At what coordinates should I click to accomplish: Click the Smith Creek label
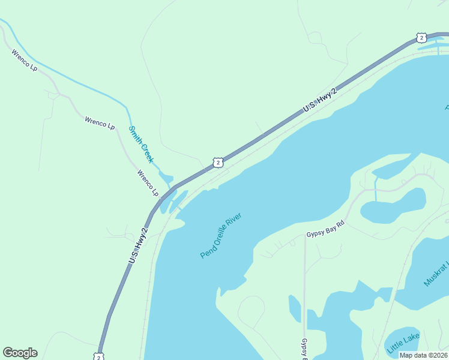pos(141,144)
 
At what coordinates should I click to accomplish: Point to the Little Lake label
pos(403,344)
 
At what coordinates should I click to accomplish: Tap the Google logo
pos(20,353)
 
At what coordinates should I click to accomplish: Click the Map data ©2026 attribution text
pos(423,355)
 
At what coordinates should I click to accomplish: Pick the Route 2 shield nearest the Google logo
pos(98,356)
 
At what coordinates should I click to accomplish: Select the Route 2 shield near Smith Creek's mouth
pos(218,162)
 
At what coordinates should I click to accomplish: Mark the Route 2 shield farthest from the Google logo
pos(421,38)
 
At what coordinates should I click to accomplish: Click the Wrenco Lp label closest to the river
pos(148,183)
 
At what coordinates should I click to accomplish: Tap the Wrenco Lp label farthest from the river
pos(24,61)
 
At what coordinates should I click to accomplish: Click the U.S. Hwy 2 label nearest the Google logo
pos(138,244)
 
